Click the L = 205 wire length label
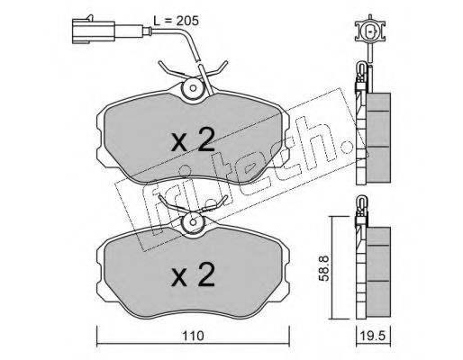[176, 21]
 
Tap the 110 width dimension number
[193, 336]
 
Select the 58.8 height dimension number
[324, 268]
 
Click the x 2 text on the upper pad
[193, 139]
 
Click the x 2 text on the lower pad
[193, 274]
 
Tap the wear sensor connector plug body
[94, 31]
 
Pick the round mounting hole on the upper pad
[193, 88]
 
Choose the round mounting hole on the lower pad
[193, 222]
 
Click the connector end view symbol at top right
[370, 31]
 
